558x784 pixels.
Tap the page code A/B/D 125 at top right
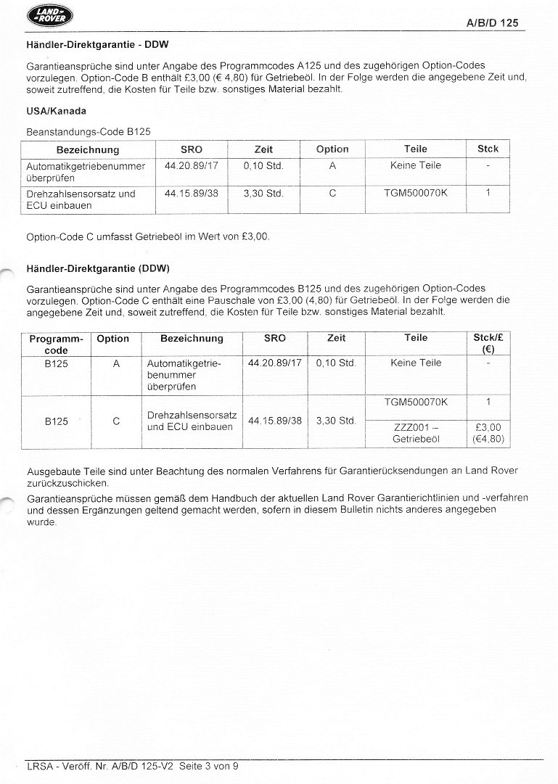(492, 23)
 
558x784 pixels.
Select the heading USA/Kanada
(56, 111)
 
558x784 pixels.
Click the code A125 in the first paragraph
(299, 65)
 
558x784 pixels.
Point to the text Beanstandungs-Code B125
(89, 131)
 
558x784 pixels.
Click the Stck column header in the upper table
(488, 149)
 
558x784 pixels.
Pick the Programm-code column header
(57, 344)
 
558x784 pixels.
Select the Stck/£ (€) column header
(488, 344)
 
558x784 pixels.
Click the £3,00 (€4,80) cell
(488, 433)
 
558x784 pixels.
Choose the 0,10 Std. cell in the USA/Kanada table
(263, 165)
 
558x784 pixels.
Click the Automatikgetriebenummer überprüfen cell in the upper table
(86, 171)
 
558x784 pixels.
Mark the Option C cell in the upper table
(332, 194)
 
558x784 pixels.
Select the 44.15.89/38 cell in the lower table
(274, 421)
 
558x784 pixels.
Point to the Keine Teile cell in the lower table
(416, 363)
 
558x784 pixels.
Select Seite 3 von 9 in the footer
(208, 765)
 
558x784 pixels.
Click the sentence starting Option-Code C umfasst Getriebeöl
(147, 236)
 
